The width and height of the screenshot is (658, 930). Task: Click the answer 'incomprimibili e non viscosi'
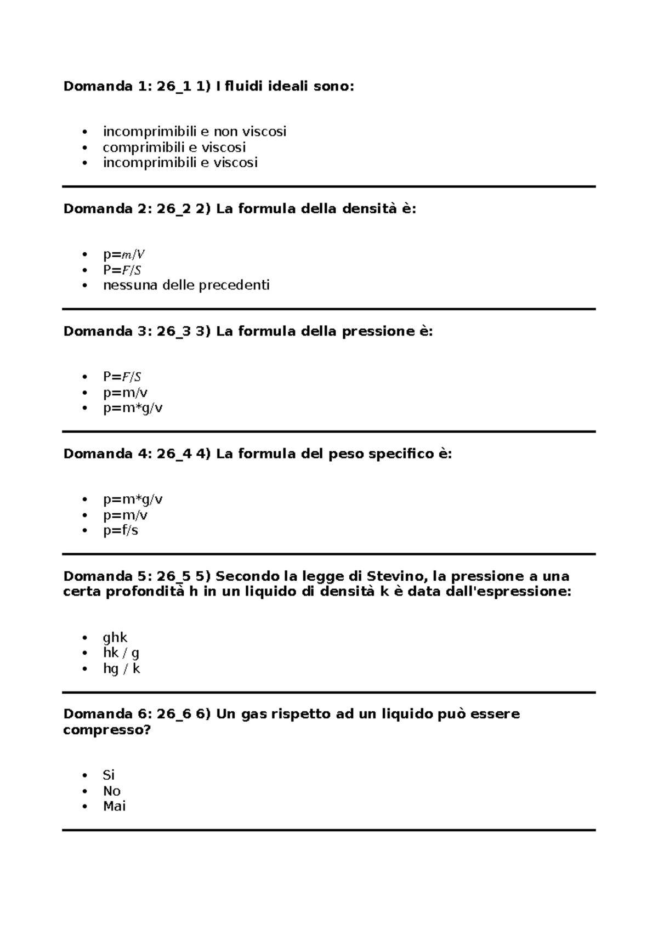coord(194,132)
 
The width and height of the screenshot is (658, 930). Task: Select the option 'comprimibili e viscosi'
coord(174,147)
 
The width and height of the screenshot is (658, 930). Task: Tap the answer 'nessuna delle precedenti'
coord(186,285)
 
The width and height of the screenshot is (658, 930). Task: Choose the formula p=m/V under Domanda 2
coord(124,254)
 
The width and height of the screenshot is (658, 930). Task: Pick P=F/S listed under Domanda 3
coord(122,377)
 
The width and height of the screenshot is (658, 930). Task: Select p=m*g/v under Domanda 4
coord(132,500)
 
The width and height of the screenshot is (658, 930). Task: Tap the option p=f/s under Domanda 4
coord(120,530)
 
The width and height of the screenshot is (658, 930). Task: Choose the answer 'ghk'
coord(115,637)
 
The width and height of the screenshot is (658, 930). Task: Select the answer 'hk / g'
coord(121,653)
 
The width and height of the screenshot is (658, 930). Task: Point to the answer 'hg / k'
coord(121,668)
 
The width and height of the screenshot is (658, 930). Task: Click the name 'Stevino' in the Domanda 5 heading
coord(395,576)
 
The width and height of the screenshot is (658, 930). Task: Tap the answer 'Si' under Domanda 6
coord(109,775)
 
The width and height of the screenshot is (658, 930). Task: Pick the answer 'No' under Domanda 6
coord(111,791)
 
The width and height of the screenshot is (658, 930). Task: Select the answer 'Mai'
coord(114,806)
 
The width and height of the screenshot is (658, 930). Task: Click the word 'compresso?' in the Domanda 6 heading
coord(106,730)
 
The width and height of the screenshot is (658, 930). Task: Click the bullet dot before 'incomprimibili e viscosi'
coord(84,163)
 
